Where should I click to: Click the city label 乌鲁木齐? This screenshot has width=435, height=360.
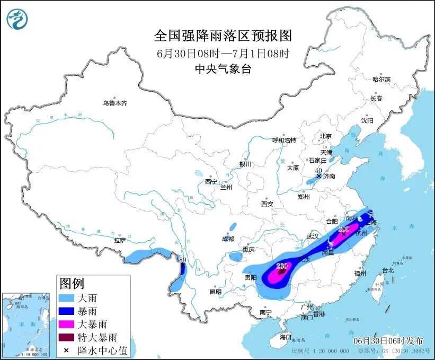point(114,103)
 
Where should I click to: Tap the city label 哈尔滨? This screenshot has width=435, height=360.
point(381,79)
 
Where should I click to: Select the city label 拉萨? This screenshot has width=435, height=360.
point(120,240)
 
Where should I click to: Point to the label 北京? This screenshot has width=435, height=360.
point(325,136)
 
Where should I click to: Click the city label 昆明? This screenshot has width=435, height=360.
point(215,291)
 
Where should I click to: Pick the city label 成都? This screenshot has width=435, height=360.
point(228,239)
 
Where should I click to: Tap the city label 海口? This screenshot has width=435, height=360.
point(285,337)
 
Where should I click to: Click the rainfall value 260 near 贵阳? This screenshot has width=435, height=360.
point(281,266)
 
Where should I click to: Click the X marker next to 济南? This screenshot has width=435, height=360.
point(318,175)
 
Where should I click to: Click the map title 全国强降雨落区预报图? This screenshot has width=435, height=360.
point(223,36)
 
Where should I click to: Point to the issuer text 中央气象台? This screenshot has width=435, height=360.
point(223,68)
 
